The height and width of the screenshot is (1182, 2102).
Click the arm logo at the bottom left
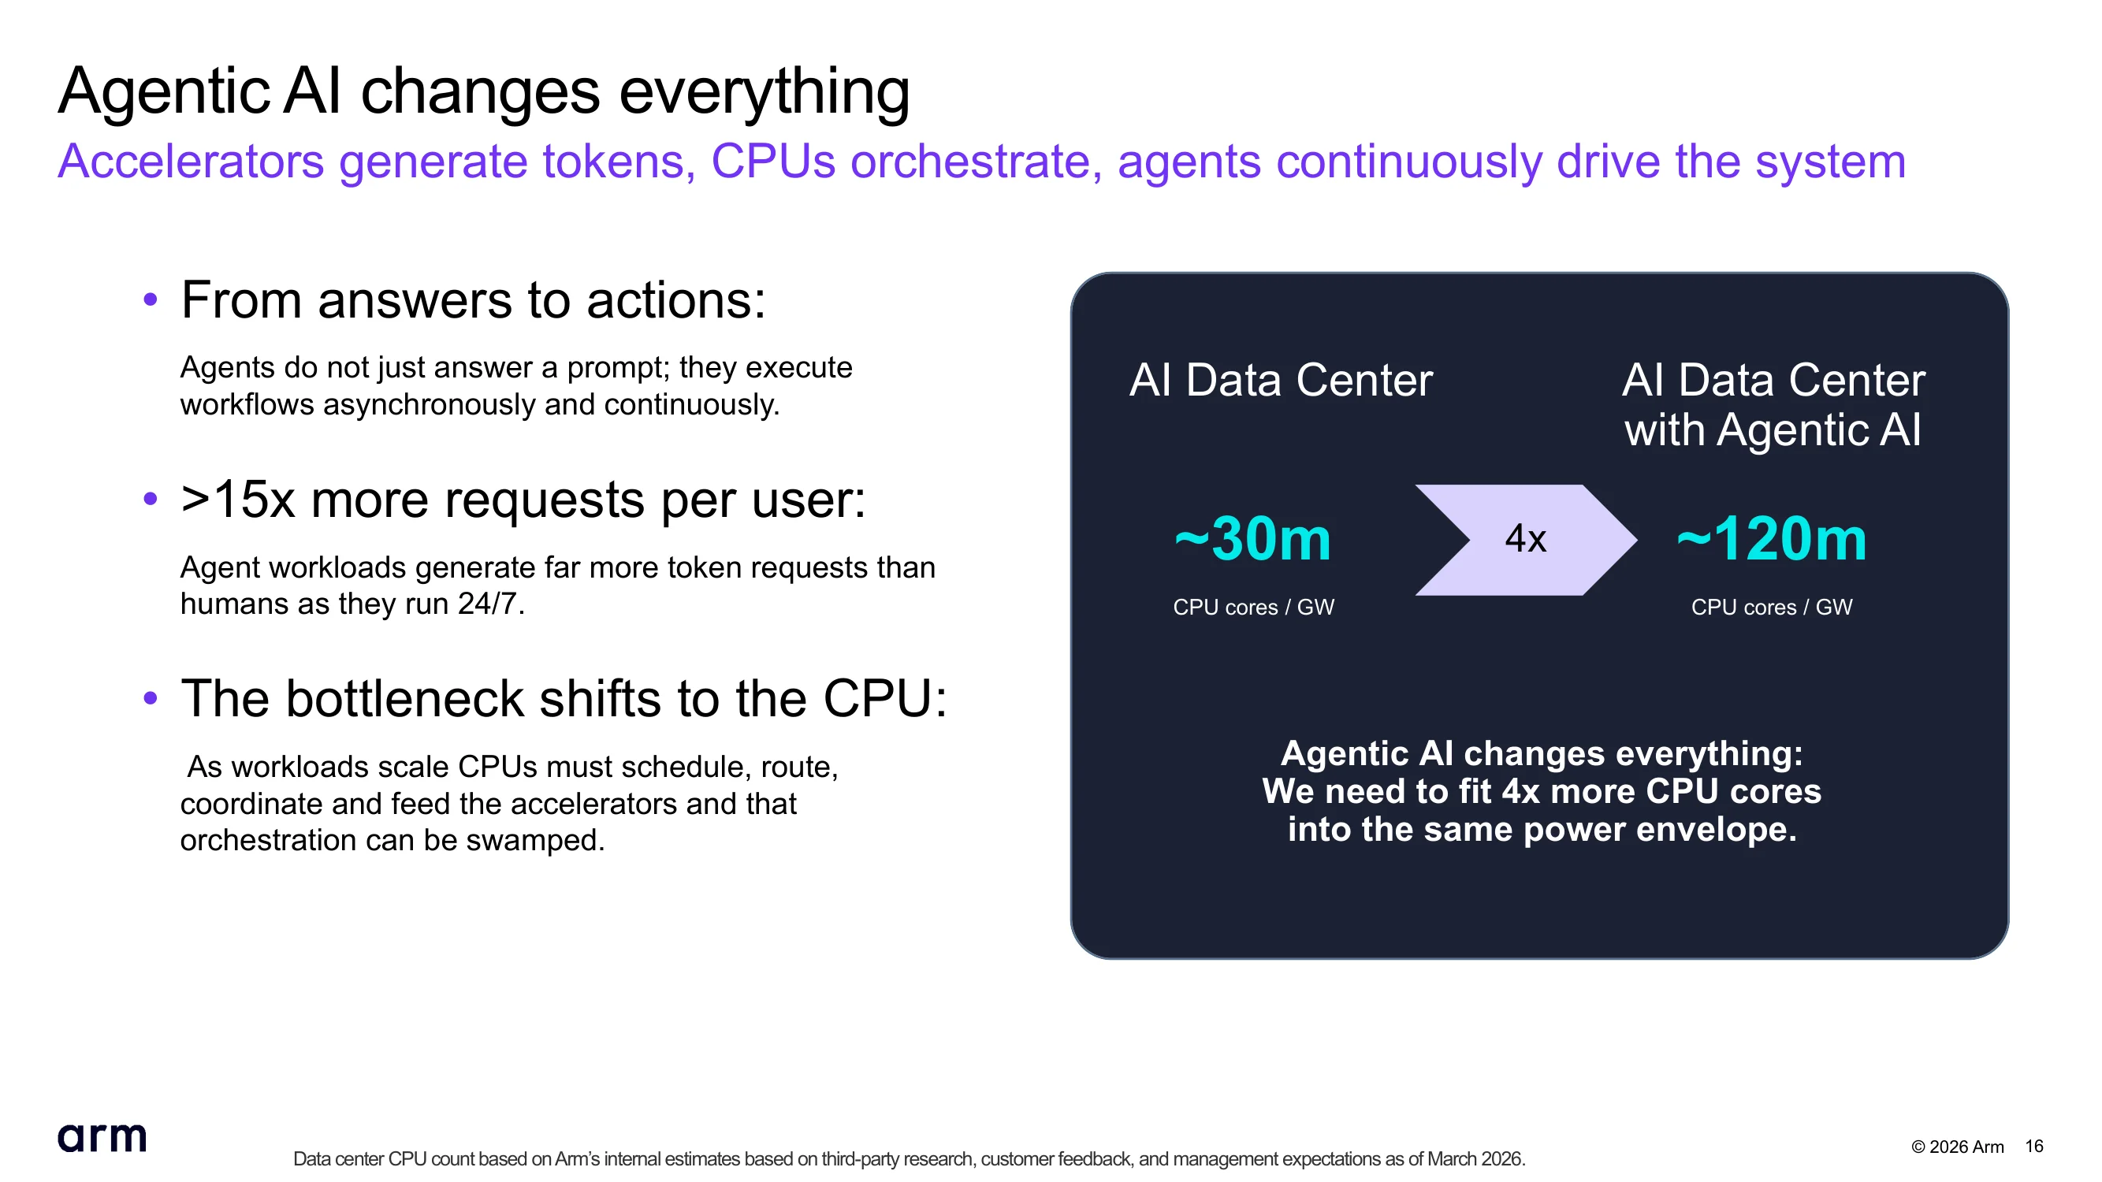tap(102, 1136)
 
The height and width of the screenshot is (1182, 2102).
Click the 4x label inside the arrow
tap(1526, 538)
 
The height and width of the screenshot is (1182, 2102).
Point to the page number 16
tap(2034, 1146)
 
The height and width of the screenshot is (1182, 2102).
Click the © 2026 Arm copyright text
tap(1958, 1147)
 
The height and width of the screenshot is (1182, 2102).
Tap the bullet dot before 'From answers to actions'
tap(150, 299)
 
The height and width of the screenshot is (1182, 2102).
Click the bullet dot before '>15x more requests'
tap(150, 499)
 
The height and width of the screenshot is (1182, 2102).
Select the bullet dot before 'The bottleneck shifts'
tap(150, 698)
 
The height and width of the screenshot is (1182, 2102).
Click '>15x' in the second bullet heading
tap(237, 499)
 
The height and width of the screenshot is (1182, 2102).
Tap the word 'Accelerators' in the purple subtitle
tap(191, 161)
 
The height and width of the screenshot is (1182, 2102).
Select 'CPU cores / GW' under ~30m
tap(1253, 607)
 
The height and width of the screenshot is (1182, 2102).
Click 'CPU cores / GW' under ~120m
tap(1772, 607)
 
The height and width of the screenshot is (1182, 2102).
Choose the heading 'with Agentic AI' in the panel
tap(1773, 430)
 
